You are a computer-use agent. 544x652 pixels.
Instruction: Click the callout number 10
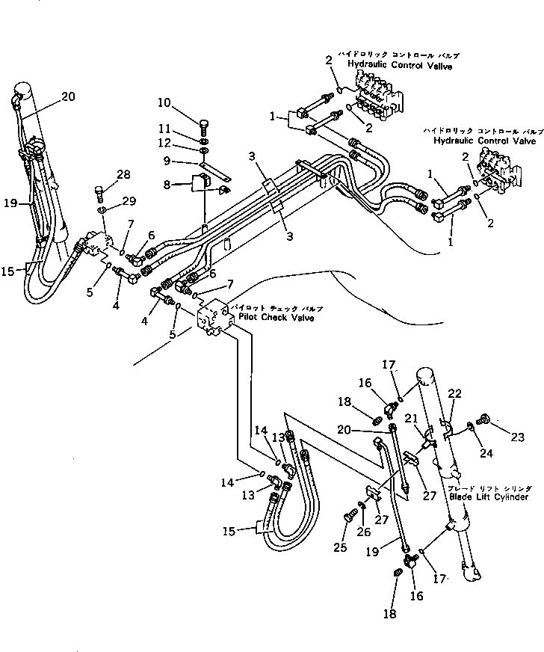pyautogui.click(x=164, y=102)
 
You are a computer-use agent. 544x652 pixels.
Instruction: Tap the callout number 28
pyautogui.click(x=123, y=174)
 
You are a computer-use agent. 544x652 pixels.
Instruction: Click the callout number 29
pyautogui.click(x=129, y=203)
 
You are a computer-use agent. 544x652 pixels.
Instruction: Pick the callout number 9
pyautogui.click(x=169, y=161)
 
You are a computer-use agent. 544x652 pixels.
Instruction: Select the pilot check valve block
pyautogui.click(x=214, y=319)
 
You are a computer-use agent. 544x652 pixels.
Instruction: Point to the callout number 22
pyautogui.click(x=454, y=394)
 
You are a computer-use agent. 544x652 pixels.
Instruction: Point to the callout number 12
pyautogui.click(x=164, y=143)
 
